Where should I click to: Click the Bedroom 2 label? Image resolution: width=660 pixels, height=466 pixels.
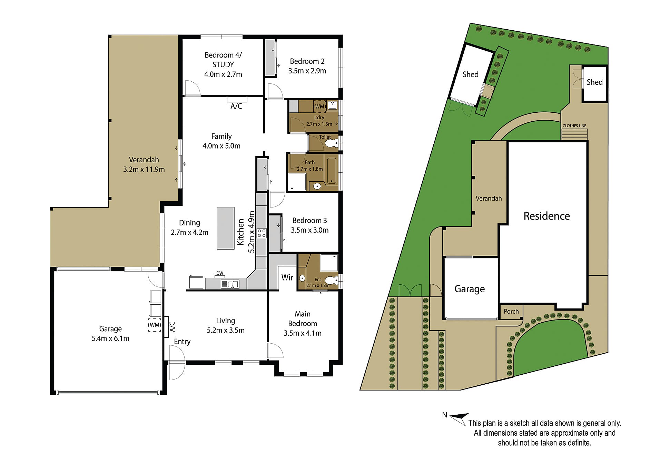(x=307, y=61)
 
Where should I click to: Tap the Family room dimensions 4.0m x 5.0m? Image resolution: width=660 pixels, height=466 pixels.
(x=221, y=146)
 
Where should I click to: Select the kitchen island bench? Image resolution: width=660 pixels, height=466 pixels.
(x=226, y=228)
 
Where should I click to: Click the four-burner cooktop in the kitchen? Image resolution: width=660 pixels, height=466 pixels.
(x=262, y=233)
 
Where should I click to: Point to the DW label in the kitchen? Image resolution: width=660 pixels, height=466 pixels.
(x=220, y=273)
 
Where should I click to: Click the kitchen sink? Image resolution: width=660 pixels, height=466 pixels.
(x=230, y=284)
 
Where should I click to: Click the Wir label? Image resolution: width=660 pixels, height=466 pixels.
(x=287, y=277)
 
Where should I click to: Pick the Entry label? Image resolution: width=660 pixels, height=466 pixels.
(x=182, y=342)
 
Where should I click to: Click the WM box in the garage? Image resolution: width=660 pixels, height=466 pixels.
(x=155, y=325)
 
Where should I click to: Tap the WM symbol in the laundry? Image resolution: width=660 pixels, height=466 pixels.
(x=319, y=107)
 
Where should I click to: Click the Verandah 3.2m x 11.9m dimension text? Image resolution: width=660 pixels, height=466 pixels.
(x=144, y=170)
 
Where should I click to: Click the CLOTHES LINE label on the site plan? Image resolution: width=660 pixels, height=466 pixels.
(x=574, y=126)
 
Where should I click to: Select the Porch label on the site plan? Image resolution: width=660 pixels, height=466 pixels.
(x=511, y=312)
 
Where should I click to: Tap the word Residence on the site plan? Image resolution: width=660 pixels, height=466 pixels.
(x=546, y=216)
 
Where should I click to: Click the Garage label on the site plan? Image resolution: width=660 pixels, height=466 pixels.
(x=470, y=289)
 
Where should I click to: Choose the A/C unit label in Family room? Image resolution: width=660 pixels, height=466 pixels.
(x=236, y=106)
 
